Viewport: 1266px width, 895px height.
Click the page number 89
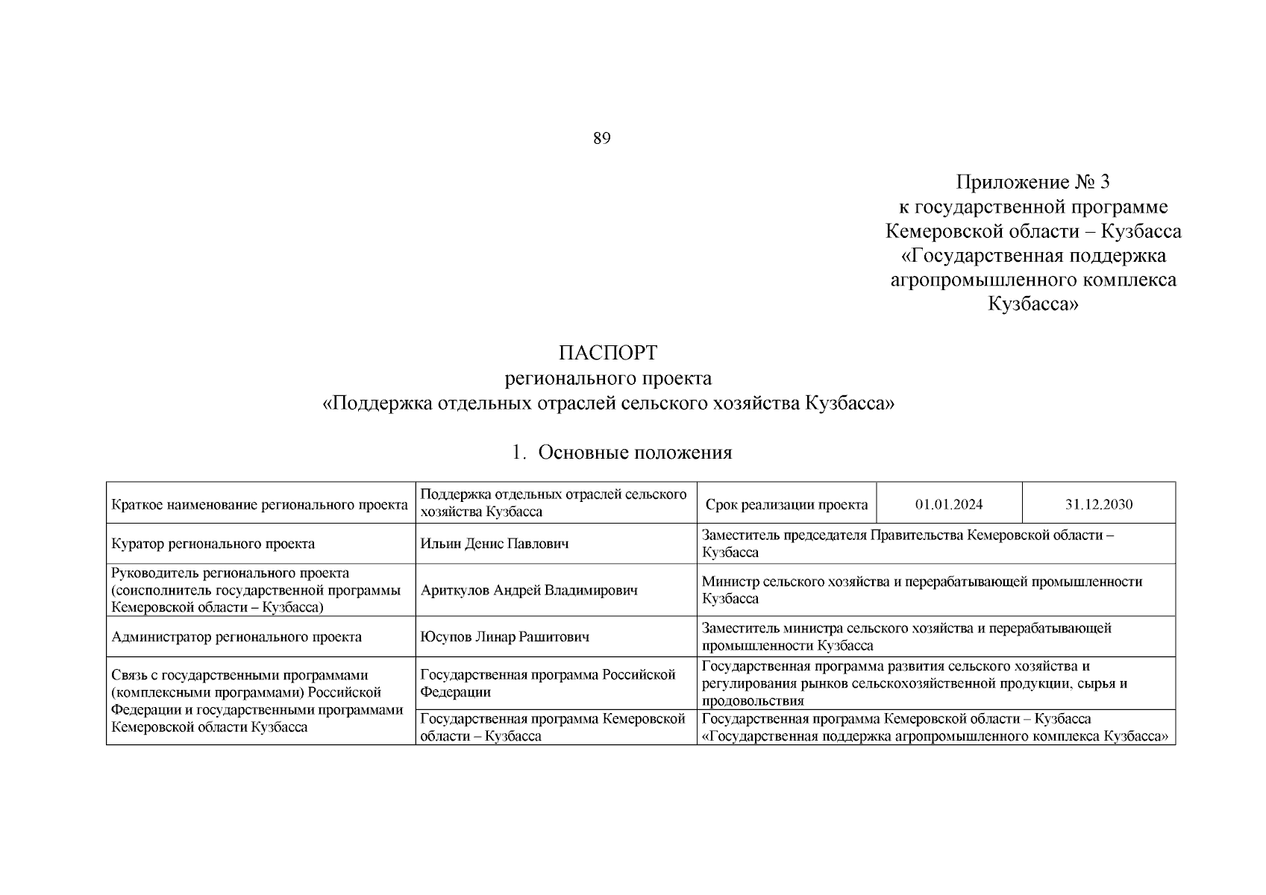602,138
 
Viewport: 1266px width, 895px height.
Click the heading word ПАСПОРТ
608,352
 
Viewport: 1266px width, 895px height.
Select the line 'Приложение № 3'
1033,182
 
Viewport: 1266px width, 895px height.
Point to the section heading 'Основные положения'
634,453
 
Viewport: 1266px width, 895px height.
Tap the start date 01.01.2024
949,504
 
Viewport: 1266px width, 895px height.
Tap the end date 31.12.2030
1099,504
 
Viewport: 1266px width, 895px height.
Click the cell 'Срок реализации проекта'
786,504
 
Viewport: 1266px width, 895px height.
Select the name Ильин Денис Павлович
495,544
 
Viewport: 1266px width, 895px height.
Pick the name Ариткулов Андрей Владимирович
530,590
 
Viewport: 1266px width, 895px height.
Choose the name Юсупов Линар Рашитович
505,637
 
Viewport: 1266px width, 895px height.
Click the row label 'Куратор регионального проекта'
213,544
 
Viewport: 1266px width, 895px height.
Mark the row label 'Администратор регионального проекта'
236,637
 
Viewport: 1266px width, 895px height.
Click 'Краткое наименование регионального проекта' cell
260,505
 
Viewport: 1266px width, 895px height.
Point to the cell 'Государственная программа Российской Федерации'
548,682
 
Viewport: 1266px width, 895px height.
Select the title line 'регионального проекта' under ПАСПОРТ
608,379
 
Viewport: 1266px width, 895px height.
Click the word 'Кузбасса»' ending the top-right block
1033,304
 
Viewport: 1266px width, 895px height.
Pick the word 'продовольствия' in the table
753,701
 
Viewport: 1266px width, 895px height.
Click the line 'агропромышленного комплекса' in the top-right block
1033,280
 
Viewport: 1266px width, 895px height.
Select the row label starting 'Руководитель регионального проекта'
256,590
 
